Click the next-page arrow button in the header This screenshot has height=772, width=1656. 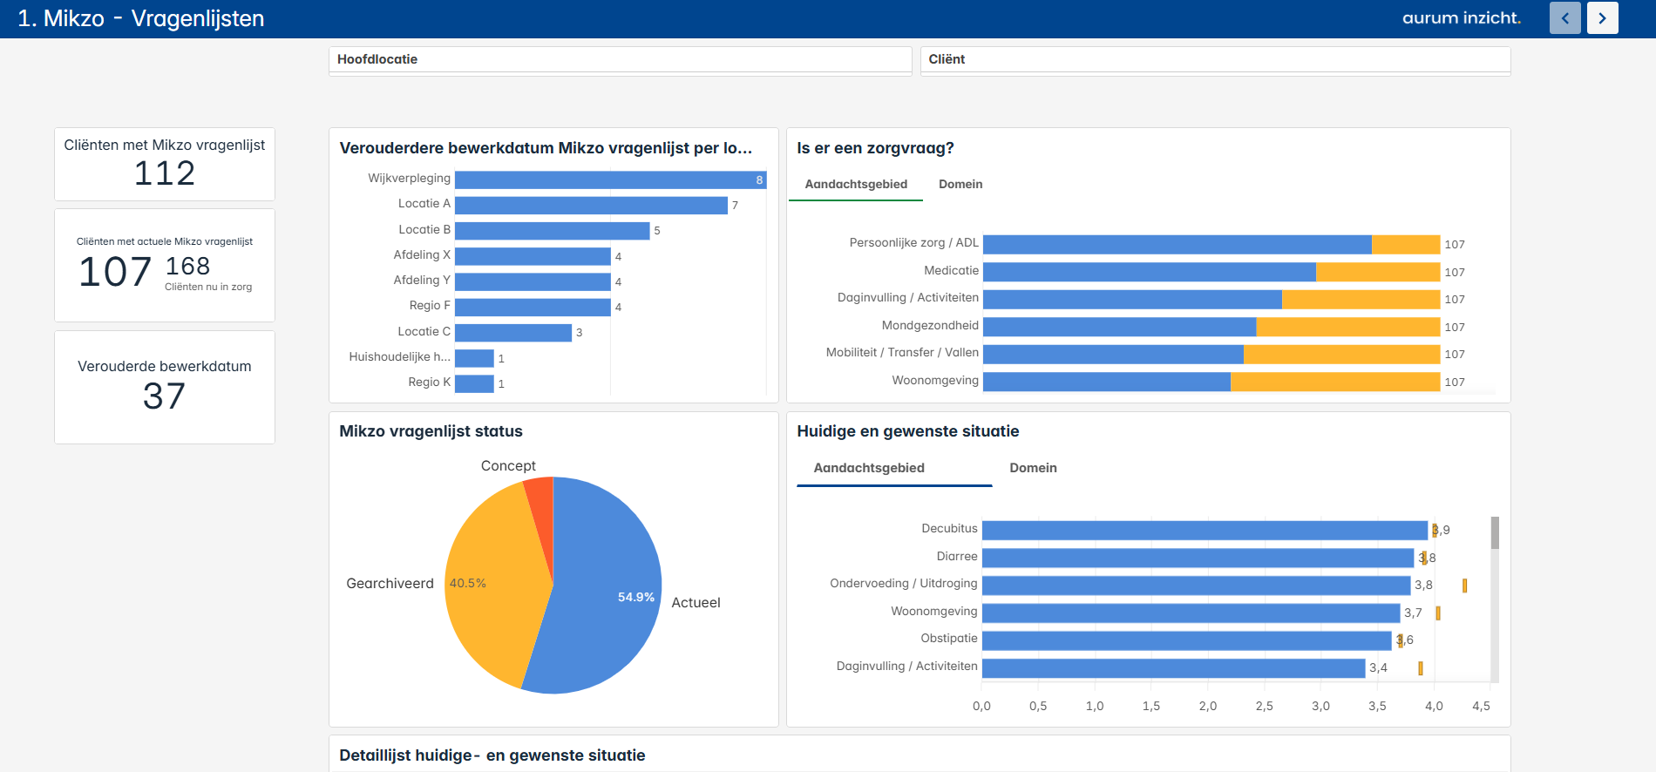tap(1602, 18)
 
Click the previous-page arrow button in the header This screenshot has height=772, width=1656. tap(1564, 18)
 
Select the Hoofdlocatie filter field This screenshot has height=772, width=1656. tap(620, 59)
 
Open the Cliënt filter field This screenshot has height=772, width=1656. tap(1215, 59)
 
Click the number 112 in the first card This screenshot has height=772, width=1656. tap(164, 173)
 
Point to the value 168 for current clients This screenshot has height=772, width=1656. tap(187, 266)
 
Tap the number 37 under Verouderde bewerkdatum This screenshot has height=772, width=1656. tap(164, 396)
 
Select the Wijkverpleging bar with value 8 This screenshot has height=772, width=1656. tap(610, 179)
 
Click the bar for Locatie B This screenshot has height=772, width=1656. tap(552, 231)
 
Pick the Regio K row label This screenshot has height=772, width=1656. tap(429, 383)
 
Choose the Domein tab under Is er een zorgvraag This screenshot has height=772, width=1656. tap(960, 184)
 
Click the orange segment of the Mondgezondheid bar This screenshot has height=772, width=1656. tap(1347, 327)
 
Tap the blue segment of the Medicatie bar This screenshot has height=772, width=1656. tap(1149, 272)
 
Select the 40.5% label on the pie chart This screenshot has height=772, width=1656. tap(467, 584)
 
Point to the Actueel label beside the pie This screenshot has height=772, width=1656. tap(696, 603)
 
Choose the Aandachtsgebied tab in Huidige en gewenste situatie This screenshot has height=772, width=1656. tap(868, 468)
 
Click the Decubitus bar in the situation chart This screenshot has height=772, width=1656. tap(1204, 530)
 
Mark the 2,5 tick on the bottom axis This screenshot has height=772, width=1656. tap(1264, 706)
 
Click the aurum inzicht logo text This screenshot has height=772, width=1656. tap(1461, 18)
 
